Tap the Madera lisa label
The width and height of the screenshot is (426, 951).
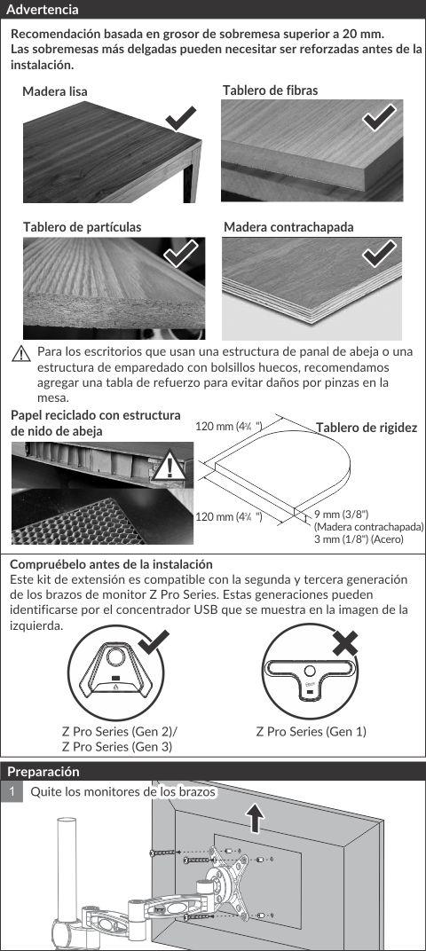(55, 91)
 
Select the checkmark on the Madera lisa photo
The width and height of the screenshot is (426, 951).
(181, 118)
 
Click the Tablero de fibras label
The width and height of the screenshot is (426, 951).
(270, 90)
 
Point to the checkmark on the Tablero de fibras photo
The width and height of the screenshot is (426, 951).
(379, 118)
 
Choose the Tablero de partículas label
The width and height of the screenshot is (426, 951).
(82, 227)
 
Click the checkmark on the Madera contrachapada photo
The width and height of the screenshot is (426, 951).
(379, 254)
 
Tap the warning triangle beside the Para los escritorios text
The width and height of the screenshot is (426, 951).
(21, 354)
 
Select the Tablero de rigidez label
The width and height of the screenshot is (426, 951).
(367, 428)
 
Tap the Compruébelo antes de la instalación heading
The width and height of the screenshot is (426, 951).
(111, 564)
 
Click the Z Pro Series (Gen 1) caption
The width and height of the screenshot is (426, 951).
(312, 732)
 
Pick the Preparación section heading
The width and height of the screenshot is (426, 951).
(43, 772)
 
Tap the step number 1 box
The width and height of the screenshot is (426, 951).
(12, 791)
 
